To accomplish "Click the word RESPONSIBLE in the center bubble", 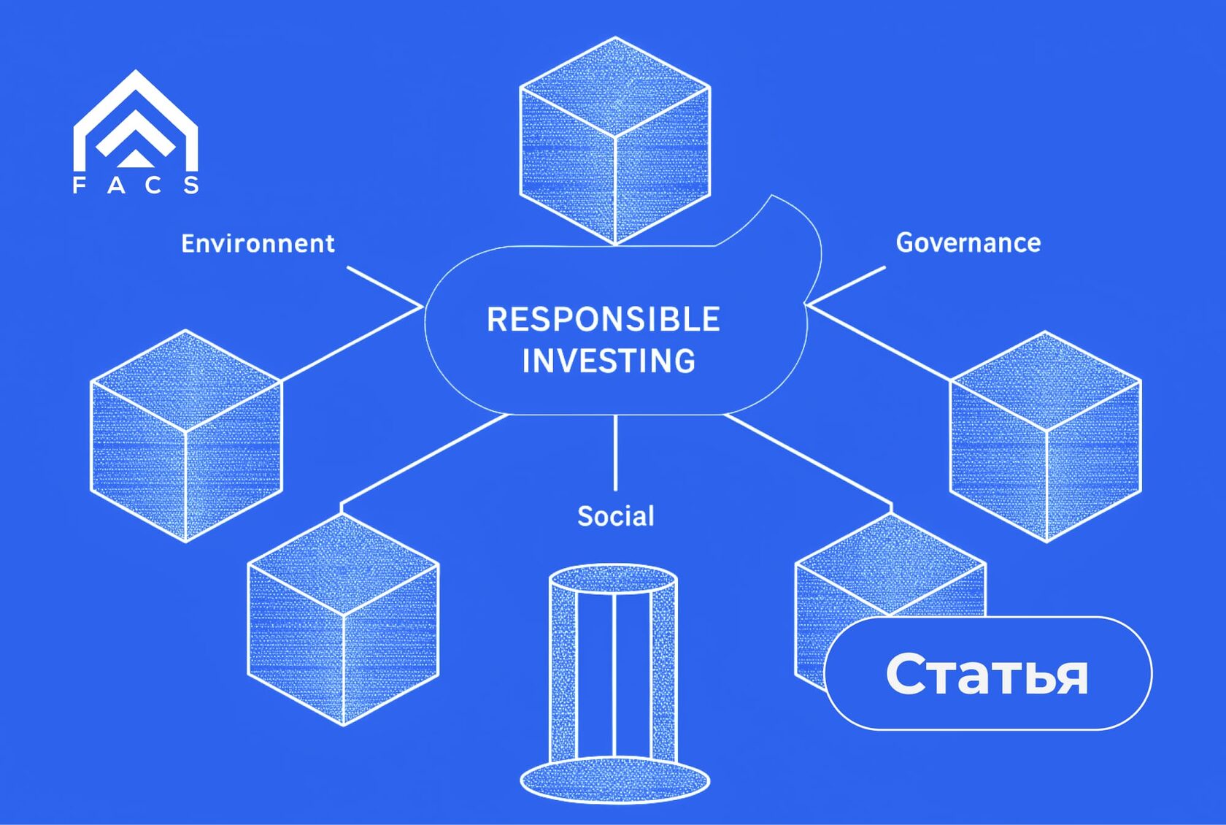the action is click(x=604, y=320).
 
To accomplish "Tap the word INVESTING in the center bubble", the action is click(x=609, y=361).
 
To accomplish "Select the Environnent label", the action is click(x=258, y=243).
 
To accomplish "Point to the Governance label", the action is click(x=968, y=243).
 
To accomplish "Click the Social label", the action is click(x=615, y=516).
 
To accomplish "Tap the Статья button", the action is click(x=987, y=673).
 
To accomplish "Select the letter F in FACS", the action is click(x=79, y=185).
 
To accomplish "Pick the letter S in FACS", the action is click(x=191, y=185).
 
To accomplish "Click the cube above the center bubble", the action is click(x=614, y=140).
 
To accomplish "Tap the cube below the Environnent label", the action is click(x=186, y=436).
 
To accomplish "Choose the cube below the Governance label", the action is click(x=1046, y=436).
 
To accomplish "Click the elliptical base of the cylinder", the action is click(x=614, y=780).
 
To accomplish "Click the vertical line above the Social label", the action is click(x=615, y=453).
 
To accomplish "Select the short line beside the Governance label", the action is click(x=847, y=285).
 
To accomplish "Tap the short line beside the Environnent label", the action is click(x=383, y=285).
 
